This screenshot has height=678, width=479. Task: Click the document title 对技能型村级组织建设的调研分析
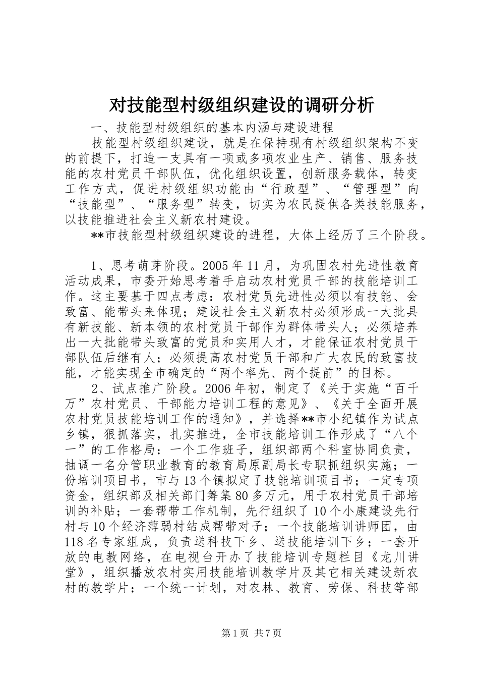click(x=242, y=105)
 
